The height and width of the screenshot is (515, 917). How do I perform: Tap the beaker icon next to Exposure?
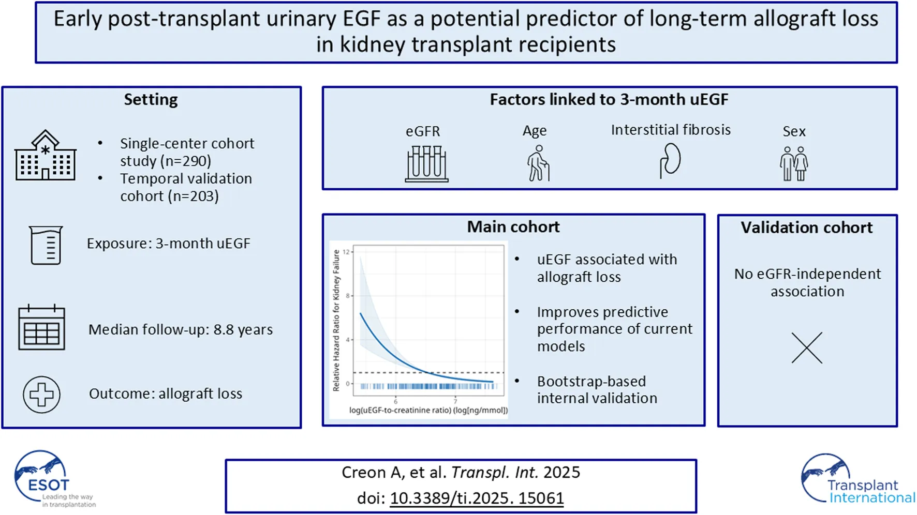point(46,245)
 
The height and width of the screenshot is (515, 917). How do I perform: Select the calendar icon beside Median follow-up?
point(41,327)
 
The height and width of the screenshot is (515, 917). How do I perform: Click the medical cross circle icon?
point(41,395)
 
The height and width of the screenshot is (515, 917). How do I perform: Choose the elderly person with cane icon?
point(538,163)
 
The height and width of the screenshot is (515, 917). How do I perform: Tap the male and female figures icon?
point(794,163)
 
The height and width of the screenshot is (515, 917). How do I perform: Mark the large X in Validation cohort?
point(807,347)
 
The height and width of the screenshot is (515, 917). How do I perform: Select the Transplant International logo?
point(856,480)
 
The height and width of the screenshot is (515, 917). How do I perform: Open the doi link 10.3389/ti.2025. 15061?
point(477,498)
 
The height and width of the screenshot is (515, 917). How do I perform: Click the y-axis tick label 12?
point(347,252)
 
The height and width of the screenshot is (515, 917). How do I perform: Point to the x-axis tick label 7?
point(455,401)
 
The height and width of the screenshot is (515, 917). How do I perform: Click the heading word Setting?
point(151,99)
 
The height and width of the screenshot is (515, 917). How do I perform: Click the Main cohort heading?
point(513,227)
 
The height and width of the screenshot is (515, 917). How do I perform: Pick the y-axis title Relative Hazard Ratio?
point(336,321)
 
